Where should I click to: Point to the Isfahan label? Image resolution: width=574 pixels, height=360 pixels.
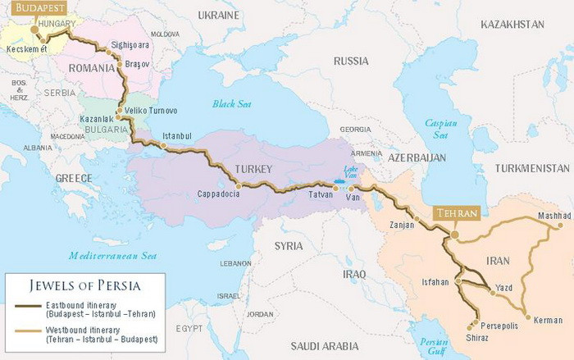tap(434, 281)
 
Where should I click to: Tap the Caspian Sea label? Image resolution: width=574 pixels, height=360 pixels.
tap(441, 128)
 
